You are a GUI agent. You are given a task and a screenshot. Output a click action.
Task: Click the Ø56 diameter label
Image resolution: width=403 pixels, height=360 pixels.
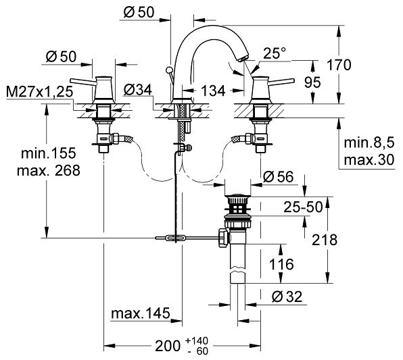279,177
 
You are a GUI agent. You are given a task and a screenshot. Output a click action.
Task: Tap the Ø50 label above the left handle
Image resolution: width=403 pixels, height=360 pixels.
62,57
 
